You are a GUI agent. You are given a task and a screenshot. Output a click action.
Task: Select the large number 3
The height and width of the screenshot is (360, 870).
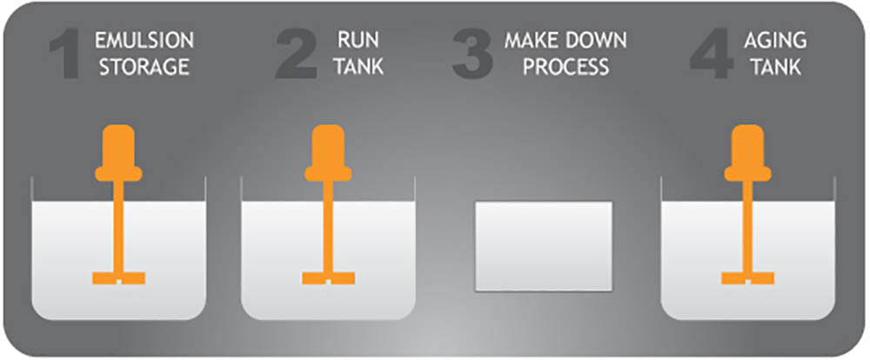pyautogui.click(x=472, y=55)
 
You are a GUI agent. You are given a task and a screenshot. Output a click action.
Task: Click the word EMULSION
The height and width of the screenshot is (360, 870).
pyautogui.click(x=144, y=41)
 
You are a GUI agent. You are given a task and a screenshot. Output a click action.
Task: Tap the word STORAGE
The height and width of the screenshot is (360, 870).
pyautogui.click(x=144, y=67)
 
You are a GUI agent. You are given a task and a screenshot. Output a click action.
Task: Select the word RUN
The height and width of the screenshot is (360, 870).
pyautogui.click(x=359, y=41)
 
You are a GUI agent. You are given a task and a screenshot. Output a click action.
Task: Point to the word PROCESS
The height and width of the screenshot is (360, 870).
pyautogui.click(x=566, y=67)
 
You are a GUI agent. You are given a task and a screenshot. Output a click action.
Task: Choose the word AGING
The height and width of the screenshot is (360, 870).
pyautogui.click(x=776, y=41)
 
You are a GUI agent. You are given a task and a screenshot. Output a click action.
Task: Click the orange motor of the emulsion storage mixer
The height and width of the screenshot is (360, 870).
pyautogui.click(x=118, y=152)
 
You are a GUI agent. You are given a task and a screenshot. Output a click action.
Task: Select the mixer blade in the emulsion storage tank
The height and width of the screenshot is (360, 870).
pyautogui.click(x=118, y=278)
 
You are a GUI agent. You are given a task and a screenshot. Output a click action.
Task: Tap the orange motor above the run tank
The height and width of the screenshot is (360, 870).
pyautogui.click(x=329, y=152)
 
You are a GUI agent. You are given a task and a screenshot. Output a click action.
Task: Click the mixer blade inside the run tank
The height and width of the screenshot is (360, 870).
pyautogui.click(x=329, y=278)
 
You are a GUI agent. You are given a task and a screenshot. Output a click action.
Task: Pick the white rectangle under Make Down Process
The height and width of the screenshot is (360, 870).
pyautogui.click(x=544, y=246)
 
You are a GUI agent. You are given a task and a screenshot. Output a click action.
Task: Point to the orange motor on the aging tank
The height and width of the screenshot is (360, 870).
pyautogui.click(x=748, y=152)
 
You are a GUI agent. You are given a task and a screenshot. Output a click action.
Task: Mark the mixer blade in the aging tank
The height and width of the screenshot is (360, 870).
pyautogui.click(x=748, y=278)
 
